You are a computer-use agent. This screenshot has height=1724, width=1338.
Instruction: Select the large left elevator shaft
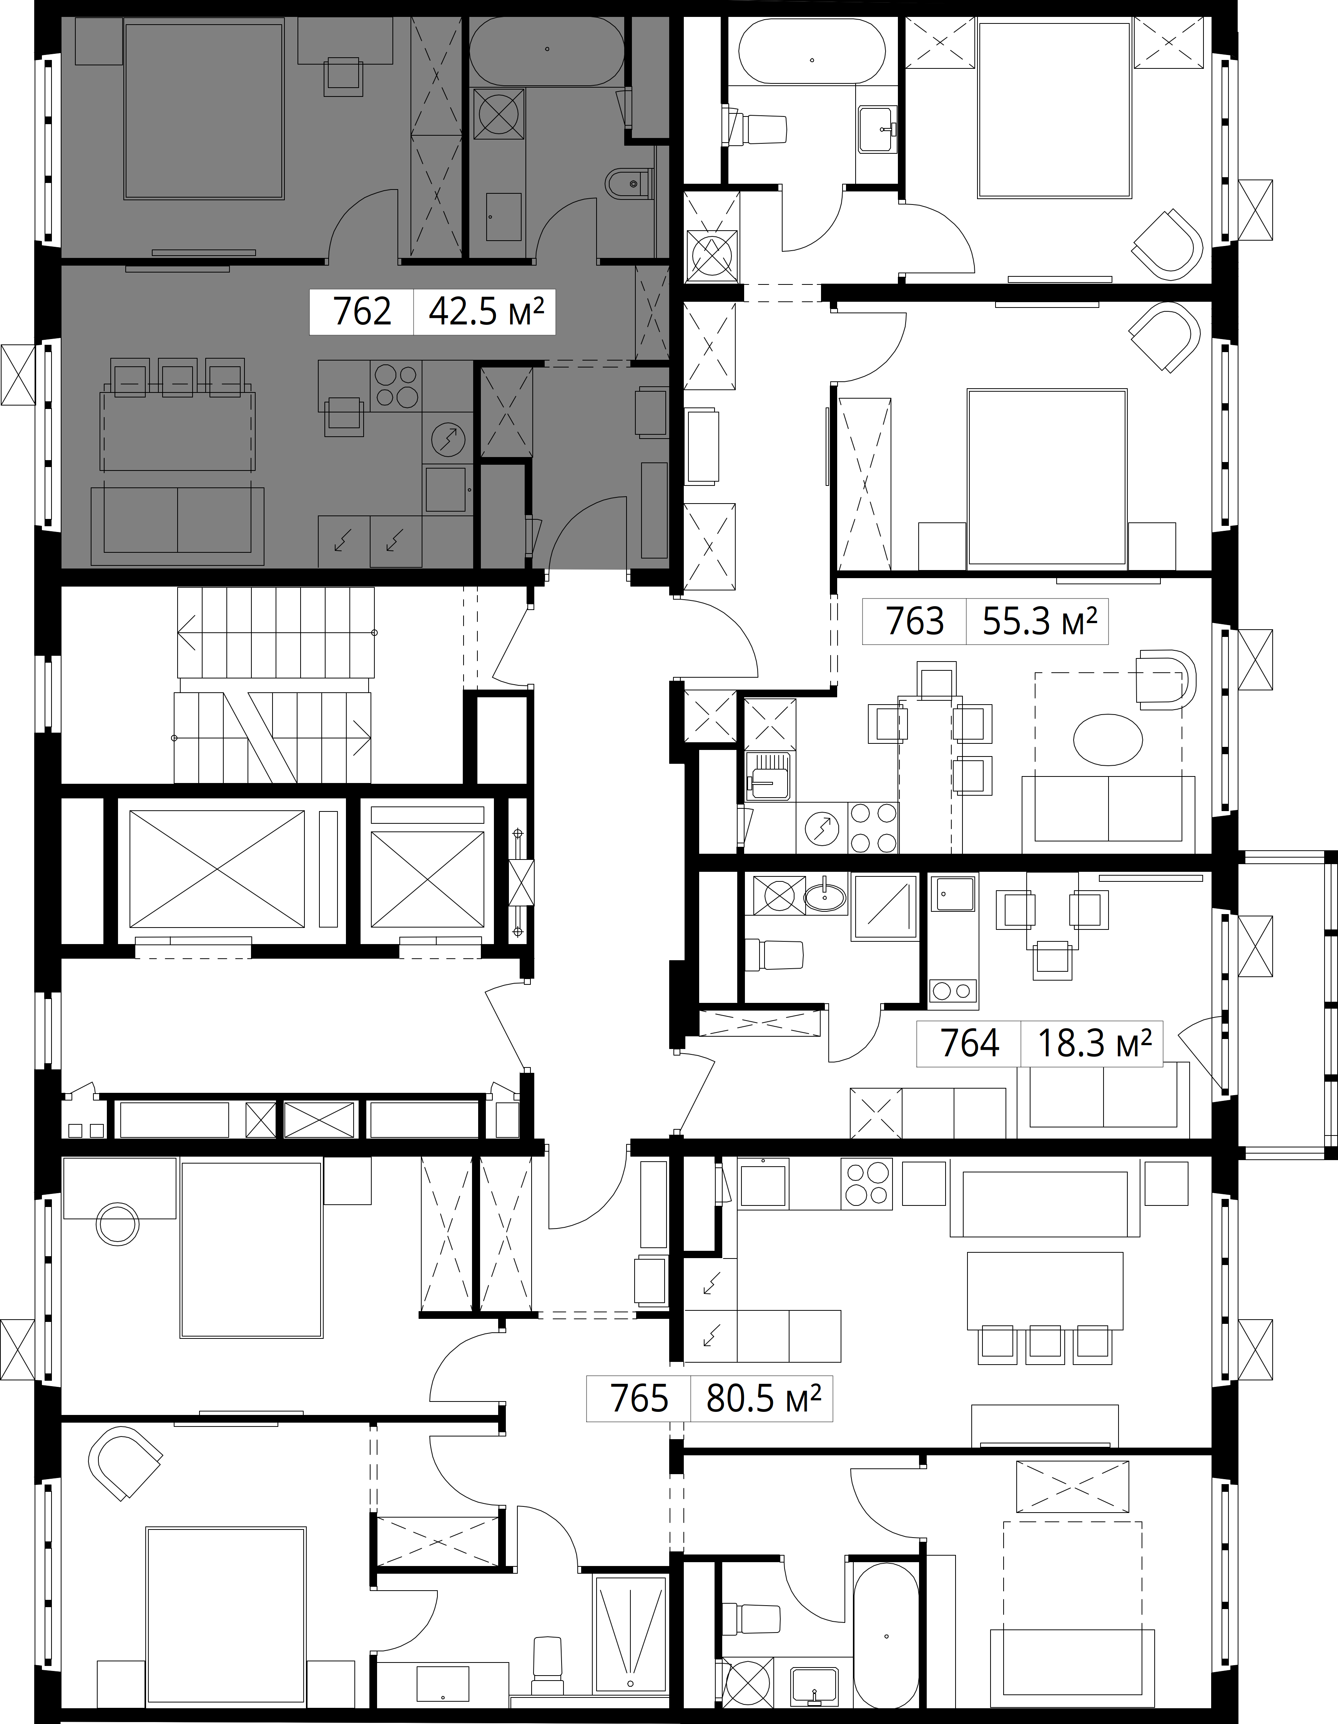pyautogui.click(x=216, y=868)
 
